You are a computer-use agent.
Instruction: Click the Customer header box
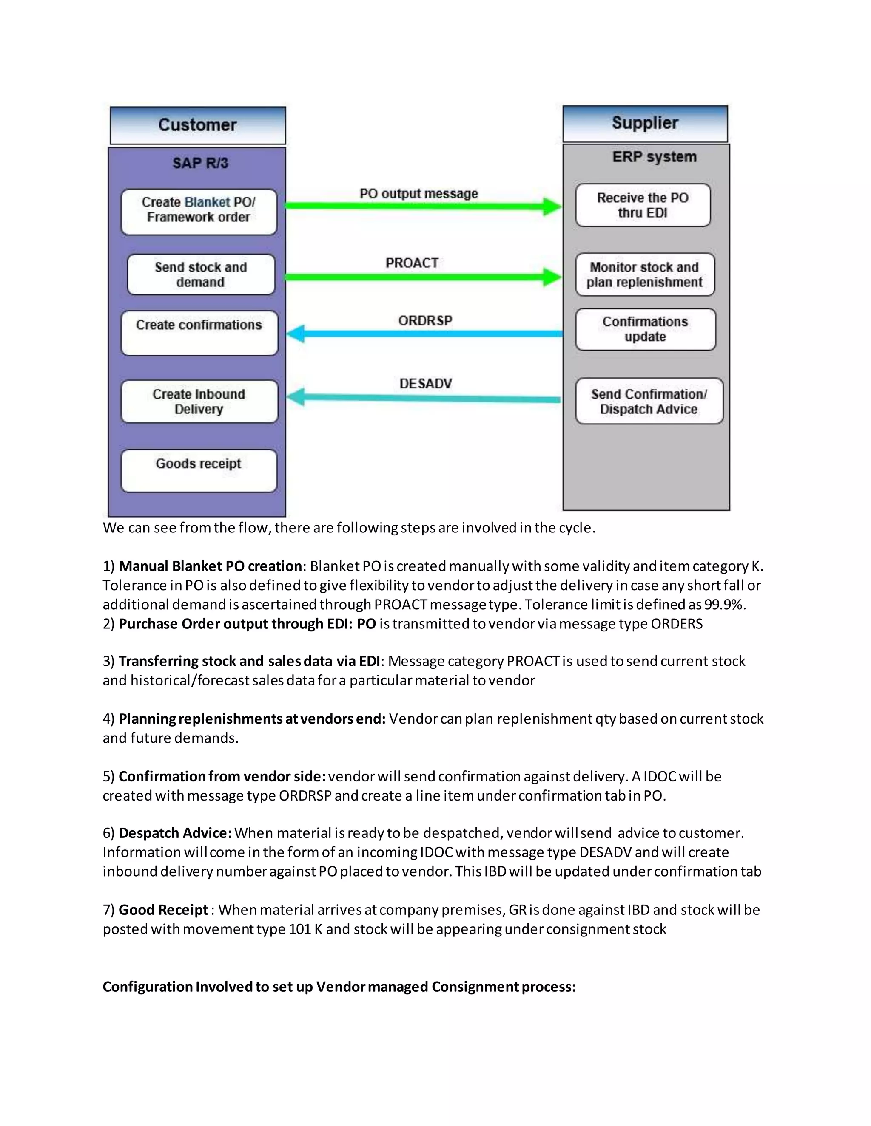click(198, 125)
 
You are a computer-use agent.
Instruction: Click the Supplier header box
click(645, 124)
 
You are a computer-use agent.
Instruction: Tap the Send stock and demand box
click(201, 274)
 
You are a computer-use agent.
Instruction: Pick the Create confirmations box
click(199, 333)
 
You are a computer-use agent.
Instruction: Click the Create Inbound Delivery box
click(199, 402)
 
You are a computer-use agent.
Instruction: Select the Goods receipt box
click(199, 471)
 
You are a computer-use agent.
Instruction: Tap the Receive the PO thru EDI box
click(643, 205)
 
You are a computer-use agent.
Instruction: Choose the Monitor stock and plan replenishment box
click(645, 274)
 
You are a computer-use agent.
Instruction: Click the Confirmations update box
click(646, 329)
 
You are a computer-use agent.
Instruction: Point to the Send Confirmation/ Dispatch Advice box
click(649, 401)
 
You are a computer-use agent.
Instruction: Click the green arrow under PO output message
click(423, 206)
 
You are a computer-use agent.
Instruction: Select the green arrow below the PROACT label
click(423, 277)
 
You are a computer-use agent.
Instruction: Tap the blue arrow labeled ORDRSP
click(423, 334)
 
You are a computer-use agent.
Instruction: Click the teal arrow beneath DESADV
click(423, 398)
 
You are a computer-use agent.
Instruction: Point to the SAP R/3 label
click(200, 164)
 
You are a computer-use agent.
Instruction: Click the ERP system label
click(654, 157)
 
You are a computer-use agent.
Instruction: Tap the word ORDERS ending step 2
click(677, 624)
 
